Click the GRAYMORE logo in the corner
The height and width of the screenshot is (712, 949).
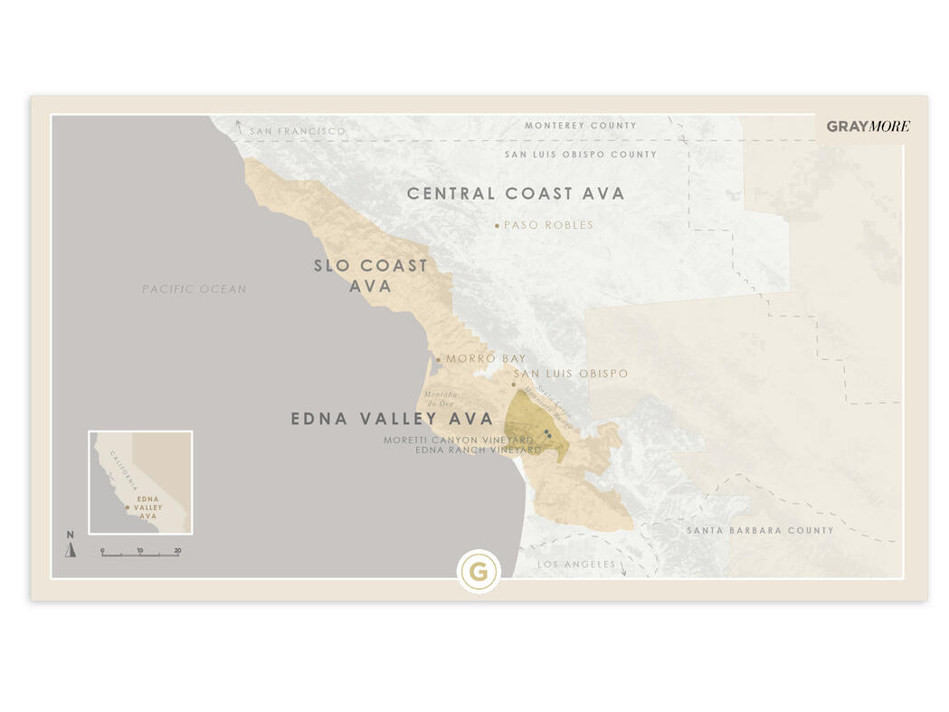point(868,127)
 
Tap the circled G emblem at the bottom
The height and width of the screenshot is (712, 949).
point(479,572)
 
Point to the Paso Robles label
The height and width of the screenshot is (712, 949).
point(548,225)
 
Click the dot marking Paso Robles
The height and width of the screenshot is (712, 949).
point(497,225)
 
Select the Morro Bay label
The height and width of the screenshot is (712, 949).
point(486,359)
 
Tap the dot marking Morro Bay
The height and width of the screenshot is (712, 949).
point(439,359)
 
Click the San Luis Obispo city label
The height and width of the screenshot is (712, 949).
point(571,374)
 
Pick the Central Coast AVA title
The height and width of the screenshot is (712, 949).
point(516,194)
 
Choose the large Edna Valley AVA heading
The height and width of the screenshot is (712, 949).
point(392,419)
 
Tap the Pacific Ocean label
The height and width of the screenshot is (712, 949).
point(194,290)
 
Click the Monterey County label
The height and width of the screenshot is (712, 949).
point(581,126)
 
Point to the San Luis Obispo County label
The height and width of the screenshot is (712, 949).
point(581,155)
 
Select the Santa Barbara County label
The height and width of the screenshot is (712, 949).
point(760,530)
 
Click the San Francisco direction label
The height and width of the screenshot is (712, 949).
point(298,131)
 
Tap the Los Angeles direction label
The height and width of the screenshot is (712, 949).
point(576,565)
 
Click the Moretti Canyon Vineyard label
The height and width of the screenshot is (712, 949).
point(459,440)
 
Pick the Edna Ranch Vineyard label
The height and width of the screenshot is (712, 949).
point(478,450)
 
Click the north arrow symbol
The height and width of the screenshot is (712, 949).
point(71,548)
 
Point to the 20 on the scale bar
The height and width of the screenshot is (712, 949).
point(178,550)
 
